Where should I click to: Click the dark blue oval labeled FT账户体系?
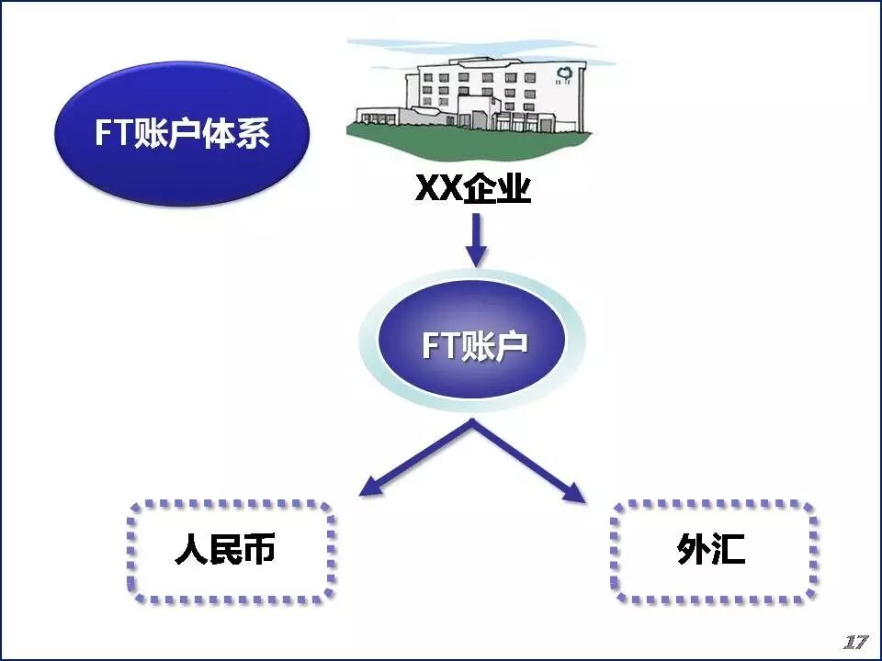181,135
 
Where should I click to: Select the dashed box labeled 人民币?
231,551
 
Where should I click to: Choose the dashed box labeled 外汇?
713,551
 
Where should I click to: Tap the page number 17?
855,641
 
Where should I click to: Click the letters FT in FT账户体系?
114,134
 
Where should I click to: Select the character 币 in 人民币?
259,551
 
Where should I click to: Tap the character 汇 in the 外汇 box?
729,551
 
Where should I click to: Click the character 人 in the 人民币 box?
191,551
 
